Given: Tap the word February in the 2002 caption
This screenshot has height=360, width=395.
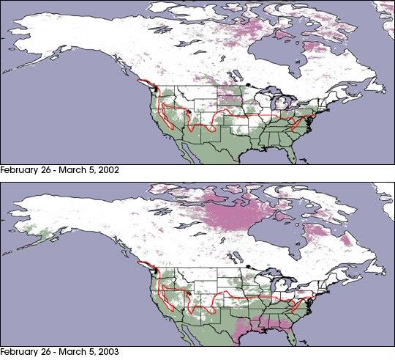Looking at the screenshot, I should tap(20, 170).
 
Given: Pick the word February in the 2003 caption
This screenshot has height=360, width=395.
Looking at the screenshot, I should tap(20, 352).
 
